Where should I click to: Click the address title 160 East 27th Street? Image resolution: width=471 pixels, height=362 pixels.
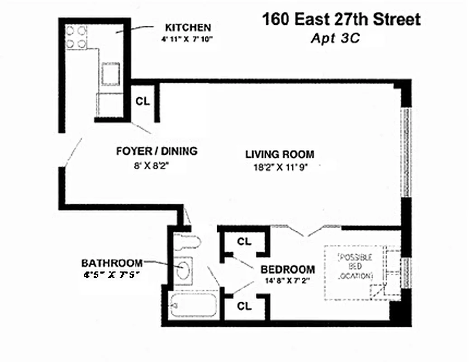[341, 19]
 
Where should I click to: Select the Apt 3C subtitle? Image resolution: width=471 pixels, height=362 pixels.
[335, 38]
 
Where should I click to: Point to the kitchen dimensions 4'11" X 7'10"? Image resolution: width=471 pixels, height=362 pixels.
[186, 39]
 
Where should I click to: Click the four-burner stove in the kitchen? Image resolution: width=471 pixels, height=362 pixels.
[76, 37]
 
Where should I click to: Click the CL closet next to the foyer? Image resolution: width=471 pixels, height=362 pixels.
[143, 101]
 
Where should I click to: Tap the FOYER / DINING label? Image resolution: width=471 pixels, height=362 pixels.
[157, 151]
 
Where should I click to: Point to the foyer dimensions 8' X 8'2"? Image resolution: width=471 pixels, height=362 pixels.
[152, 165]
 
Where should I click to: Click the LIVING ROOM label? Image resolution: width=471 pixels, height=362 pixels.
[280, 154]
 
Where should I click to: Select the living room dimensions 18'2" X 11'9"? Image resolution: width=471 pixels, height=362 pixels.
[281, 167]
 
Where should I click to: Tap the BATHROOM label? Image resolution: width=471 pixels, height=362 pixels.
[112, 263]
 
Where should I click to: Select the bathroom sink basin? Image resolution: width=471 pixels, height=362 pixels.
[184, 271]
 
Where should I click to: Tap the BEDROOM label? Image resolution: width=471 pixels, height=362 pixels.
[287, 269]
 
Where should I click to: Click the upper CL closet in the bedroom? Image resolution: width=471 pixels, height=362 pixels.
[244, 242]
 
